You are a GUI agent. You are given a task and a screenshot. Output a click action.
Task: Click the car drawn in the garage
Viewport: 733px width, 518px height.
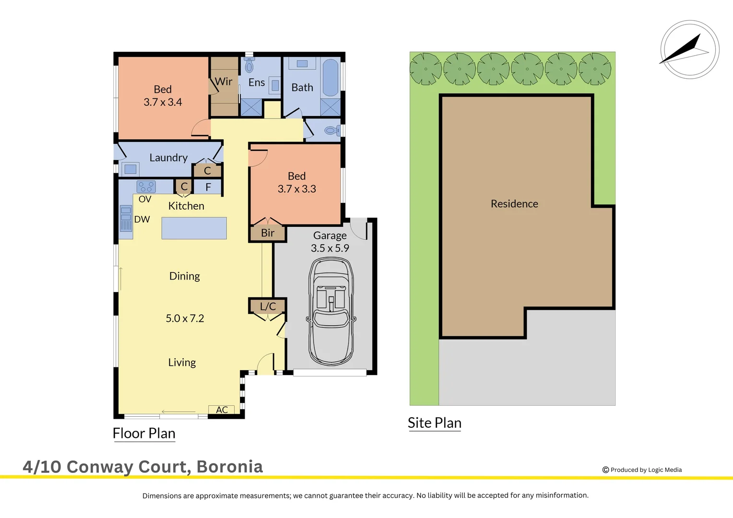(331, 312)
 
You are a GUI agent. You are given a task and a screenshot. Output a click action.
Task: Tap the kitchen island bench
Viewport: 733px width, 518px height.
(194, 228)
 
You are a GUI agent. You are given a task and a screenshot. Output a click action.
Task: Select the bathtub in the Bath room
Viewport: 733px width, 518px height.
(330, 78)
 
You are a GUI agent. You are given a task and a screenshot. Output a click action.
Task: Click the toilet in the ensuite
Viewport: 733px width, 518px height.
(249, 66)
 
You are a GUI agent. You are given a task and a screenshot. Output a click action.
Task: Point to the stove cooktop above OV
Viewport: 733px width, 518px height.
(146, 187)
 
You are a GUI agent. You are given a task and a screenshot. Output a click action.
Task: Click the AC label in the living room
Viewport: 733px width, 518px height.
(222, 410)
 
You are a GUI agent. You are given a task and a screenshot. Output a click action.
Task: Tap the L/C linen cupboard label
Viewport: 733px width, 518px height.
(268, 306)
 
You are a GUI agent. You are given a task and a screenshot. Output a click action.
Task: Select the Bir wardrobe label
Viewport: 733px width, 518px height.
(268, 233)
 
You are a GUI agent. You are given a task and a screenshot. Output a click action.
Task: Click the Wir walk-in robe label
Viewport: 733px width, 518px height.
(224, 82)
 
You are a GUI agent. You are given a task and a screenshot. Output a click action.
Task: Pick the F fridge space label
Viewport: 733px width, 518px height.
(208, 187)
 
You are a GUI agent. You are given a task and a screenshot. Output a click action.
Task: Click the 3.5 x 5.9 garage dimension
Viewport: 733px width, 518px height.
(330, 248)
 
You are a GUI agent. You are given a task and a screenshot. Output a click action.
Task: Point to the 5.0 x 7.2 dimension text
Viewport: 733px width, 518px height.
(185, 318)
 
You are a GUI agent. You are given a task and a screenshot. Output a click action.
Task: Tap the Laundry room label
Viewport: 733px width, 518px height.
(168, 158)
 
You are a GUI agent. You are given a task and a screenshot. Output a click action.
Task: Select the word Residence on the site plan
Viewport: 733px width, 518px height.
(514, 204)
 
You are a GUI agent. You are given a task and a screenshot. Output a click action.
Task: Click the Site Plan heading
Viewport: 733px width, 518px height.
(435, 423)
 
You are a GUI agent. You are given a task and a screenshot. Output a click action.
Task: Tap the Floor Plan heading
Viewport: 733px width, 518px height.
(144, 433)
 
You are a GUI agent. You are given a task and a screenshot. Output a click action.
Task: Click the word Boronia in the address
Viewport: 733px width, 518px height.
(230, 467)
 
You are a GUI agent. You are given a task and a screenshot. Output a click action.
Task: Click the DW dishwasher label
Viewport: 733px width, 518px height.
(142, 219)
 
